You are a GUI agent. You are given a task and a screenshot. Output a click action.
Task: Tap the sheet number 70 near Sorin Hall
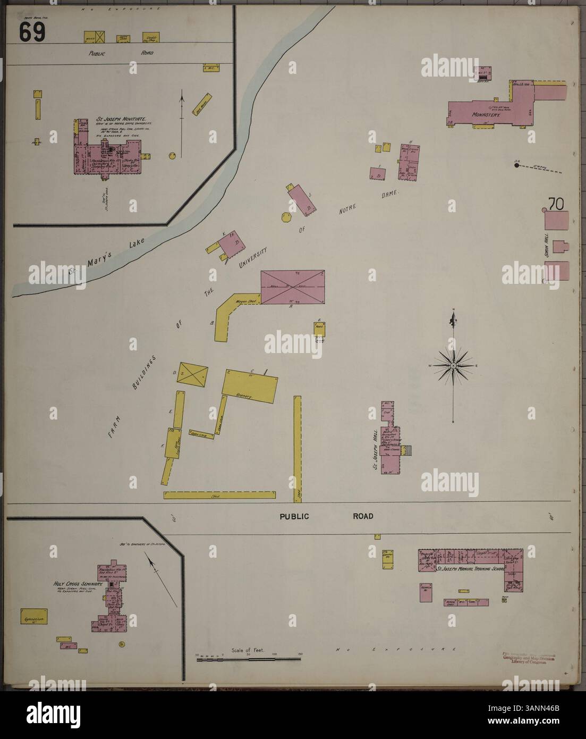pyautogui.click(x=556, y=203)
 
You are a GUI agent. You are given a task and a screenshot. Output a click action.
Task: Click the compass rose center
pyautogui.click(x=452, y=366)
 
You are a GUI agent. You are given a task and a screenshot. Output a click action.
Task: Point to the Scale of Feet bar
pyautogui.click(x=248, y=659)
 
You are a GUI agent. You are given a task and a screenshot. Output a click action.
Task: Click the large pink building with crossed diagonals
pyautogui.click(x=292, y=287)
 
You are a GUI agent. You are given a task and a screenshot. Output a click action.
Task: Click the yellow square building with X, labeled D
pyautogui.click(x=192, y=376)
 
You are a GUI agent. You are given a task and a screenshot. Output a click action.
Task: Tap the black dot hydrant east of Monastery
pyautogui.click(x=516, y=166)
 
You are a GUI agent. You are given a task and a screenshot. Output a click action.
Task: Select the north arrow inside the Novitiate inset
pyautogui.click(x=182, y=104)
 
